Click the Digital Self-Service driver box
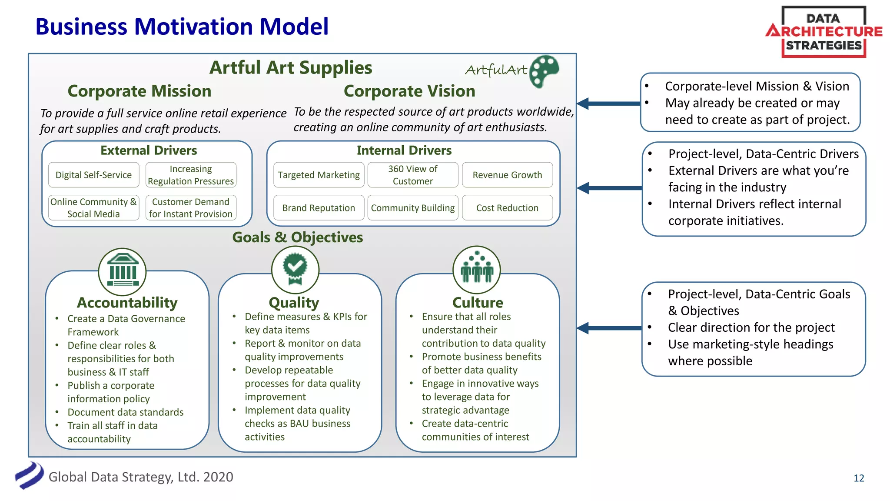(x=93, y=175)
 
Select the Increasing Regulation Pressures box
(x=191, y=175)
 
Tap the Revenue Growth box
(x=507, y=175)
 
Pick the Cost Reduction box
(x=507, y=208)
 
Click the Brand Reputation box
(x=319, y=208)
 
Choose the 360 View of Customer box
(x=413, y=175)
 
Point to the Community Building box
(x=413, y=208)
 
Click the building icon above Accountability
(x=123, y=272)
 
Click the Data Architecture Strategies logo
(x=824, y=32)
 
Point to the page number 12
(x=859, y=478)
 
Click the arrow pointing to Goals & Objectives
(x=609, y=328)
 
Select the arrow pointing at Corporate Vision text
(x=609, y=104)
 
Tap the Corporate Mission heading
(x=139, y=91)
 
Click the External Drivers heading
(x=149, y=150)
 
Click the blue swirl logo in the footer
(x=30, y=475)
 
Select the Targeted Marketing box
(x=319, y=175)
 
